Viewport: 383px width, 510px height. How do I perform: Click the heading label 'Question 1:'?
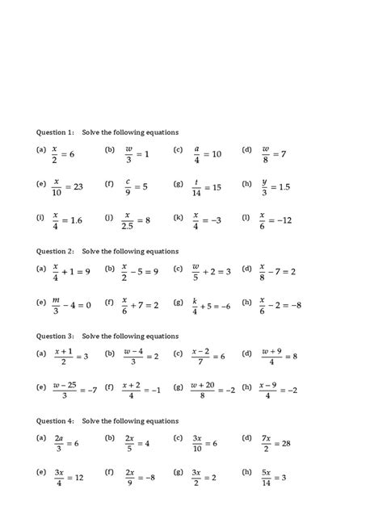[54, 132]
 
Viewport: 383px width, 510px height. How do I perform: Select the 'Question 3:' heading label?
[54, 335]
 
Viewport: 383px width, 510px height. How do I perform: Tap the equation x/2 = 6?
[63, 153]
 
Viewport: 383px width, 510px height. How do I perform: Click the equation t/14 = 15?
[206, 186]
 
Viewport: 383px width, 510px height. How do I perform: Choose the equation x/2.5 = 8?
[136, 220]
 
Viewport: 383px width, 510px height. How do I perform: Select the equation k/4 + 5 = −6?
[211, 305]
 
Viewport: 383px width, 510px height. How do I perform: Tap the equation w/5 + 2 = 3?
[210, 271]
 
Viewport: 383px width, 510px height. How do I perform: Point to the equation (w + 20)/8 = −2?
[213, 390]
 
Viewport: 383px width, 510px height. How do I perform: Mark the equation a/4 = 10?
[206, 153]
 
